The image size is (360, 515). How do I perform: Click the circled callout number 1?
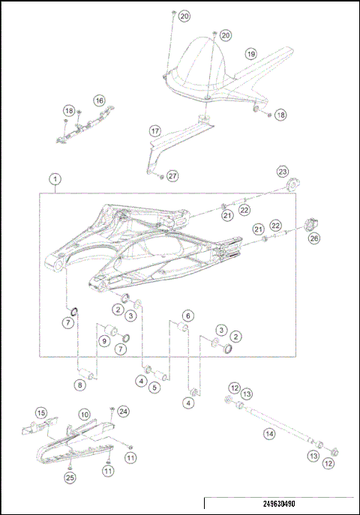point(55,180)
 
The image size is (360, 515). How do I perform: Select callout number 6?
point(188,316)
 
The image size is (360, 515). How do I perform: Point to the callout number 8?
point(79,385)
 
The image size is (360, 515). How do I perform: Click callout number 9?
point(104,341)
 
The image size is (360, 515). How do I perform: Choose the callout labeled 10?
point(85,414)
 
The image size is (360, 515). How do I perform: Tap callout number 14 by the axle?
point(268,433)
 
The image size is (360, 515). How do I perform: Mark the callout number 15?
point(42,413)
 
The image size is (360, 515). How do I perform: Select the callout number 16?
point(99,100)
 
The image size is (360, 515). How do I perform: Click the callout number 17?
point(155,130)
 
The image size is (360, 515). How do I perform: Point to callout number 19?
point(251,54)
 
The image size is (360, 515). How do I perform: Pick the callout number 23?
point(282,172)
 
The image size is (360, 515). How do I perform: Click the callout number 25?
point(69,478)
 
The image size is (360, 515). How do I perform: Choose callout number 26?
point(314,238)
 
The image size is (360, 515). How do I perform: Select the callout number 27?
point(172,175)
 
